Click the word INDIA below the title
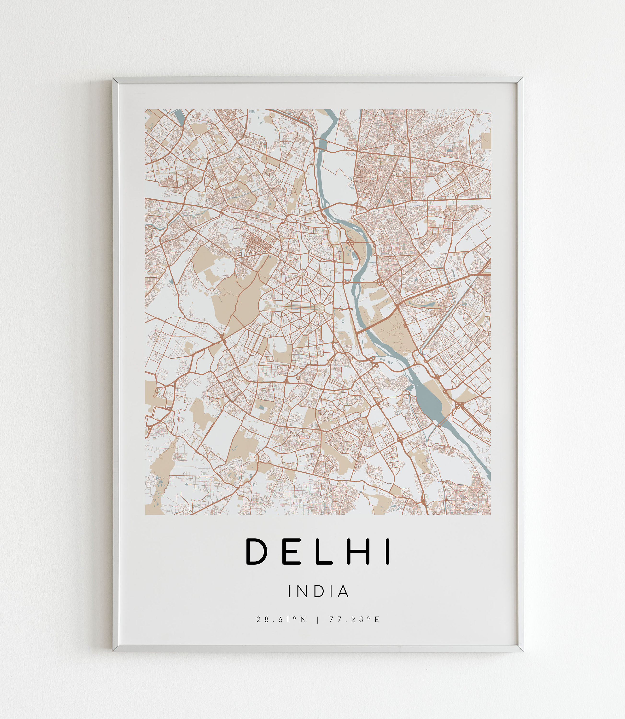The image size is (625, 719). coord(318,591)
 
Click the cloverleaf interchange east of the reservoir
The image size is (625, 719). coord(460,406)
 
